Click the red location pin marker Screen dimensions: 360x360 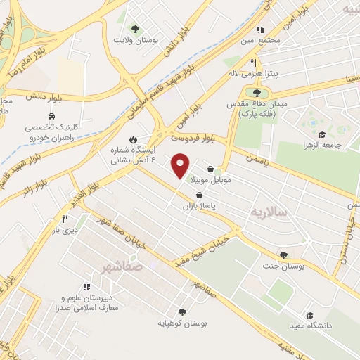pos(181,166)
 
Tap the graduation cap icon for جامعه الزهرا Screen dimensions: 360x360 pos(322,135)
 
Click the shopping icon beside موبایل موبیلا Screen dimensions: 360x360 pos(211,169)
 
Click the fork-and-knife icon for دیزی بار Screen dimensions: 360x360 pos(64,218)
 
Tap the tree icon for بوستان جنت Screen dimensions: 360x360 pos(283,255)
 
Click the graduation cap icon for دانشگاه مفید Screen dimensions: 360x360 pos(309,314)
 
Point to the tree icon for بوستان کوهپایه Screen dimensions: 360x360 pos(182,311)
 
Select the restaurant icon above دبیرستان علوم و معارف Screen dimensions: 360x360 pos(87,287)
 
